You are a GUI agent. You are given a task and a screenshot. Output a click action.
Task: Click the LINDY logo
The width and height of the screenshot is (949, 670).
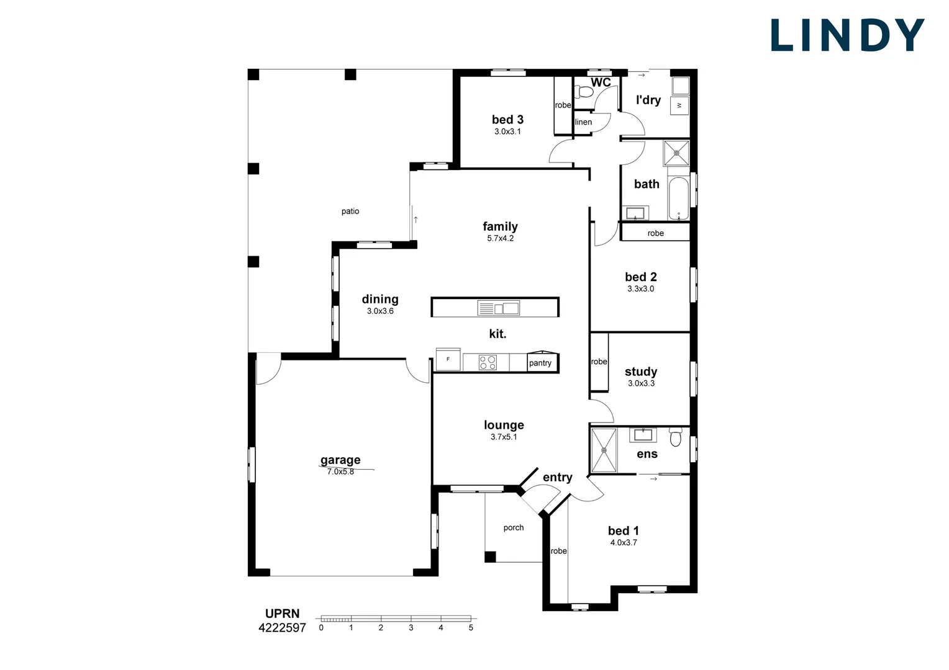pyautogui.click(x=847, y=35)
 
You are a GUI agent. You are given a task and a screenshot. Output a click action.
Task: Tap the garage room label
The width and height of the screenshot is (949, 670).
pyautogui.click(x=340, y=460)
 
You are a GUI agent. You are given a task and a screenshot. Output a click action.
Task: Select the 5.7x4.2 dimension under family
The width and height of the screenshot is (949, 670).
pyautogui.click(x=500, y=238)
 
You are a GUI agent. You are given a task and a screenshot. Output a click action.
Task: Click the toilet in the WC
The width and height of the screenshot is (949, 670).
pyautogui.click(x=584, y=92)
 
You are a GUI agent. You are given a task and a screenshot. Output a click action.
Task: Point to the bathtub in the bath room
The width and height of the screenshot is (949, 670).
pyautogui.click(x=678, y=199)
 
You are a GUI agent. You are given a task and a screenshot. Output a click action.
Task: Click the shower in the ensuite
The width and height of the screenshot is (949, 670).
pyautogui.click(x=604, y=449)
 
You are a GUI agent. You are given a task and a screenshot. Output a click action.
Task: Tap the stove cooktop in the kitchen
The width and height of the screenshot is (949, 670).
pyautogui.click(x=488, y=362)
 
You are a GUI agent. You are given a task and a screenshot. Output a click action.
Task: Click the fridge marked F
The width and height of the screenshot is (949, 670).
pyautogui.click(x=448, y=359)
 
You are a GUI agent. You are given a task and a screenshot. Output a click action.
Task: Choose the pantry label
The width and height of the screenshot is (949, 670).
pyautogui.click(x=540, y=363)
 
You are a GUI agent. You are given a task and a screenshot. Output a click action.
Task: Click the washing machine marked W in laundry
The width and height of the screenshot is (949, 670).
pyautogui.click(x=679, y=105)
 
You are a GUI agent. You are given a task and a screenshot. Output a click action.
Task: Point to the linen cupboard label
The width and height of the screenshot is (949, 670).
pyautogui.click(x=583, y=122)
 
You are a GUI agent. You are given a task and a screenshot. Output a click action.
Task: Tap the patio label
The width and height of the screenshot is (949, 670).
pyautogui.click(x=350, y=212)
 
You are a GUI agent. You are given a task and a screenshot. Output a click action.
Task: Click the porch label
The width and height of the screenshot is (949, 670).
pyautogui.click(x=514, y=528)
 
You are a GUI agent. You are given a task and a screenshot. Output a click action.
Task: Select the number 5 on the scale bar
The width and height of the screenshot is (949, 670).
pyautogui.click(x=471, y=628)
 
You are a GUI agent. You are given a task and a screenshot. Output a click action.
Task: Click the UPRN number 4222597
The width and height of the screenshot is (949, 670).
pyautogui.click(x=282, y=628)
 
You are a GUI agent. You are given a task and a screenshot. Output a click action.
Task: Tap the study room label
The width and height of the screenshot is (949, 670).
pyautogui.click(x=641, y=372)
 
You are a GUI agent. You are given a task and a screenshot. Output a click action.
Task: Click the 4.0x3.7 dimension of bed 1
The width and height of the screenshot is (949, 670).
pyautogui.click(x=624, y=542)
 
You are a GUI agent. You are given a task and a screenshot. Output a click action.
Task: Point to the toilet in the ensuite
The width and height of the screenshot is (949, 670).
pyautogui.click(x=676, y=438)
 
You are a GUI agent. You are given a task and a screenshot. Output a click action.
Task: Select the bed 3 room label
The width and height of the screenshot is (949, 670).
pyautogui.click(x=507, y=120)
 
